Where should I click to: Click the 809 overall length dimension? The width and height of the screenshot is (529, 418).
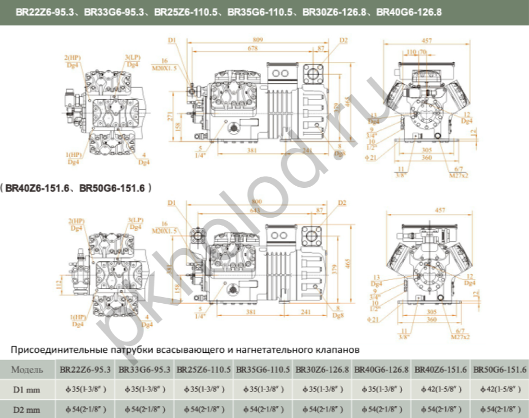coord(258,40)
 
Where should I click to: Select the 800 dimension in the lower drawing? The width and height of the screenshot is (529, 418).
coord(258,201)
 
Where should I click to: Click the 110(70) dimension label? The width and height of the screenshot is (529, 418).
coord(417,52)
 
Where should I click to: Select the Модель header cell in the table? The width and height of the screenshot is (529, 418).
coord(28,370)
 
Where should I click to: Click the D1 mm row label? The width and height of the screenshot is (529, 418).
coord(28,389)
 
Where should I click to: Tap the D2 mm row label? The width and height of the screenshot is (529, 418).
coord(28,409)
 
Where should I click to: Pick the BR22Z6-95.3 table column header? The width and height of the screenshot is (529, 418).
coord(85,370)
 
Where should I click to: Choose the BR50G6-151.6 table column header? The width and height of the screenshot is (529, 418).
coord(500,370)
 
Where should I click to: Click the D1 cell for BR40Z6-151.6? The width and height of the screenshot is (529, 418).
coord(441,389)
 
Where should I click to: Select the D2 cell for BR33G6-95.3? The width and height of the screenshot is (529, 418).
coord(144,409)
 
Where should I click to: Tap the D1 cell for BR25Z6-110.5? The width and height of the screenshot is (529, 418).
coord(203,389)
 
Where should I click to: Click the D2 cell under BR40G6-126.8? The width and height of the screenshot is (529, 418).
coord(382,409)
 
